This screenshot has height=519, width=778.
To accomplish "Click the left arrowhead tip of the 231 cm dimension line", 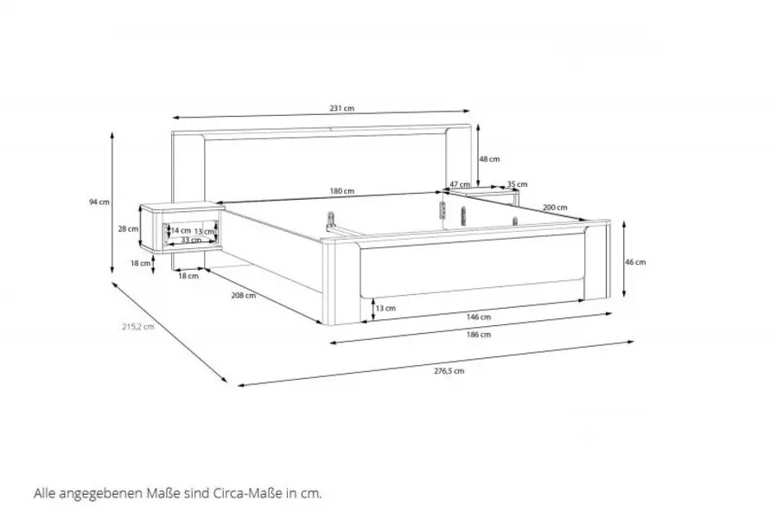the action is coord(173,118).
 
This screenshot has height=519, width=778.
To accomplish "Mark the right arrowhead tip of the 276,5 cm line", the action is coord(635,341).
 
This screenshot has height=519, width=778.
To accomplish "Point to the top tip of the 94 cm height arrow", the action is coord(112,132).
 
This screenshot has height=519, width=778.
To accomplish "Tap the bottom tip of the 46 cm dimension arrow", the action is coord(624,297).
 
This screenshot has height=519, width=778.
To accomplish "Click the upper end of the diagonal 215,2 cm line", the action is coord(113,282).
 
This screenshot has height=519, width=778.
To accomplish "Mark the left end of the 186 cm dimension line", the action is coord(330,343).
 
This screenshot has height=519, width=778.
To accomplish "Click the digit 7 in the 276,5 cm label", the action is coord(442,371).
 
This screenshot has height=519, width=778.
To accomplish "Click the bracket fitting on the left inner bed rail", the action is coord(330,219).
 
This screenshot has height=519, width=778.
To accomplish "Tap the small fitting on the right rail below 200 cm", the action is coord(515,221).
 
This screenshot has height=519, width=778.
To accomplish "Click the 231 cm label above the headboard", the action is coord(342,108).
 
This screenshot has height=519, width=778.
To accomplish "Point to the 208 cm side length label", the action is coord(244,295).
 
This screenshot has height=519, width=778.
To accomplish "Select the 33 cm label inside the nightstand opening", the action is coord(191,240).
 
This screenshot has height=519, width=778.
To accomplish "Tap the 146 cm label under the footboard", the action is coord(479,317).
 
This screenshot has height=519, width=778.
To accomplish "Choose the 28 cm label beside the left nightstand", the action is coord(128,229).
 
